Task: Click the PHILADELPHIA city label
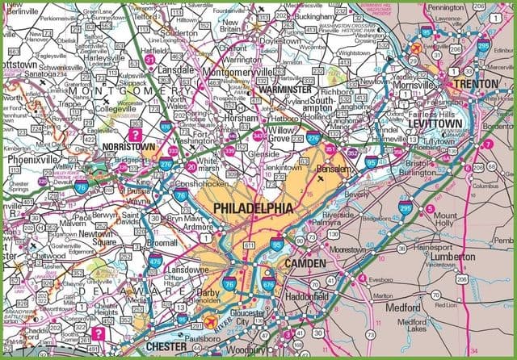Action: pos(252,209)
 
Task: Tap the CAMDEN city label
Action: pos(304,264)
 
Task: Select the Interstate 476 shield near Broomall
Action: pos(154,261)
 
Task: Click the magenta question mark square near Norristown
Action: pos(137,135)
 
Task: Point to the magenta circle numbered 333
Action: pos(172,151)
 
